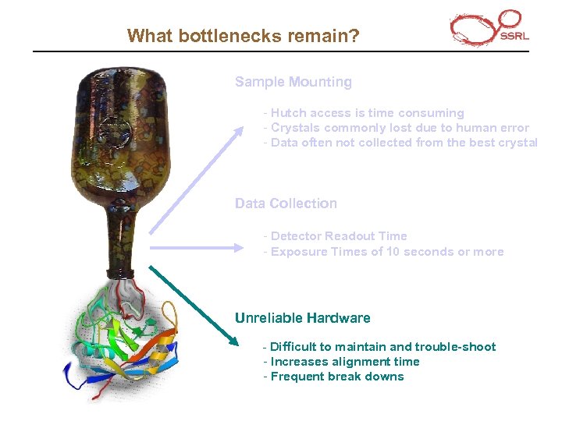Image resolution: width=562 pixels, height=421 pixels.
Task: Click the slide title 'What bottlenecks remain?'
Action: [x=243, y=35]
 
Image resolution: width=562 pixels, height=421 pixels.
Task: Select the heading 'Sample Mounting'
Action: [x=293, y=82]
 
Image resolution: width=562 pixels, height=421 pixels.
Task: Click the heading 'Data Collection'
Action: [x=286, y=203]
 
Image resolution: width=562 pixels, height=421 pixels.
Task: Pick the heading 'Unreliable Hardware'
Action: [x=303, y=318]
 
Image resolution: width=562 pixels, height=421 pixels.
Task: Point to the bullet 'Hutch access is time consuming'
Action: [x=364, y=113]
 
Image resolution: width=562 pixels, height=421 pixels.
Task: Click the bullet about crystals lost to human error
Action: [x=397, y=128]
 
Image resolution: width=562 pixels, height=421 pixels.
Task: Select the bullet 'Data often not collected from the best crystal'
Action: [x=400, y=143]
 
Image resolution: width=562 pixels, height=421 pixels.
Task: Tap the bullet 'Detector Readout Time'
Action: [x=336, y=236]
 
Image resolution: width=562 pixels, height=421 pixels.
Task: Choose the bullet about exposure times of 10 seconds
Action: [x=383, y=252]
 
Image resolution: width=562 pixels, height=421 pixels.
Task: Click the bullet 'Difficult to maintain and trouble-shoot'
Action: [x=379, y=347]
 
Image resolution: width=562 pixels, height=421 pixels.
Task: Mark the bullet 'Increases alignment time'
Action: [x=341, y=362]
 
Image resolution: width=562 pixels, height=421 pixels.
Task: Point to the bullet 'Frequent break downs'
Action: [x=333, y=377]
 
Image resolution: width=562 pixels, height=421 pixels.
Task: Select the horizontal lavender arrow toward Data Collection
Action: [x=197, y=248]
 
